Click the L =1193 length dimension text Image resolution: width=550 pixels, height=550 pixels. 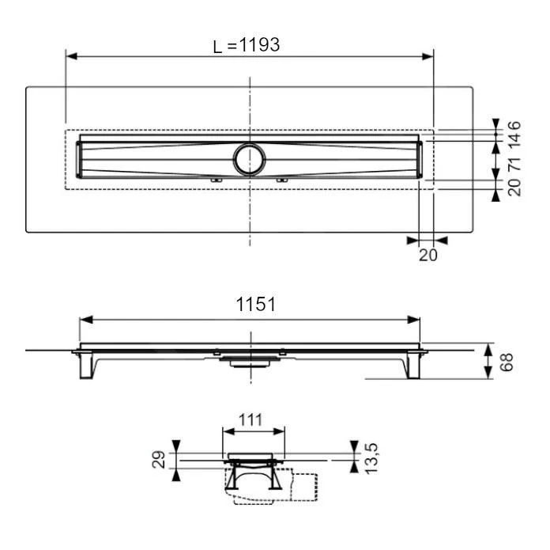click(247, 45)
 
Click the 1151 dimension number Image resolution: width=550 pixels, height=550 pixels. click(256, 304)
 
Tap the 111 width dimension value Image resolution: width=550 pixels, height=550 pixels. click(251, 419)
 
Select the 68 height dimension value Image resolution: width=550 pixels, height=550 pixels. click(507, 362)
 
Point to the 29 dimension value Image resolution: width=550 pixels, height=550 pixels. click(159, 459)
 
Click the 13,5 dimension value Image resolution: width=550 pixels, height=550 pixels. click(371, 459)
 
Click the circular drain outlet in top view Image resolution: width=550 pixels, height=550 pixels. click(250, 159)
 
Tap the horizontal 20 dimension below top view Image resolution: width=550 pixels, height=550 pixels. click(428, 255)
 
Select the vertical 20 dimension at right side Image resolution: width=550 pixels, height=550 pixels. click(514, 188)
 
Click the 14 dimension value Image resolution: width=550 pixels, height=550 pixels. click(514, 140)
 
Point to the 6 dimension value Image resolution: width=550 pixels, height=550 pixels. click(514, 125)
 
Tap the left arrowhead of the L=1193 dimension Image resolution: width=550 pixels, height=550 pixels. click(72, 56)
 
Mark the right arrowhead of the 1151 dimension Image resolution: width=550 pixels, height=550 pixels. click(413, 320)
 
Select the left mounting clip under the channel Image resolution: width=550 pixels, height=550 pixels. click(216, 180)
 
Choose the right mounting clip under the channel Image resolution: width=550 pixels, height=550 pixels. click(282, 180)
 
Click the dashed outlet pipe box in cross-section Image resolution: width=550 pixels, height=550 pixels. click(304, 487)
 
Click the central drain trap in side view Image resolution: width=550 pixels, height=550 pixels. click(250, 362)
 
